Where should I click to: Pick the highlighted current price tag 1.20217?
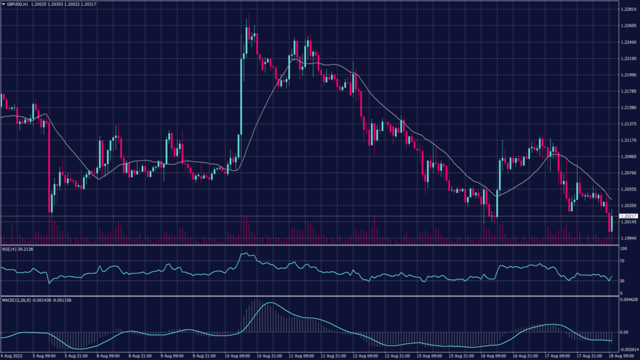tap(627, 216)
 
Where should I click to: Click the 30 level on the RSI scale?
tap(623, 281)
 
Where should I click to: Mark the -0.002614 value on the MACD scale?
tap(628, 350)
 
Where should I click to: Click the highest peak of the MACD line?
tap(269, 304)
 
